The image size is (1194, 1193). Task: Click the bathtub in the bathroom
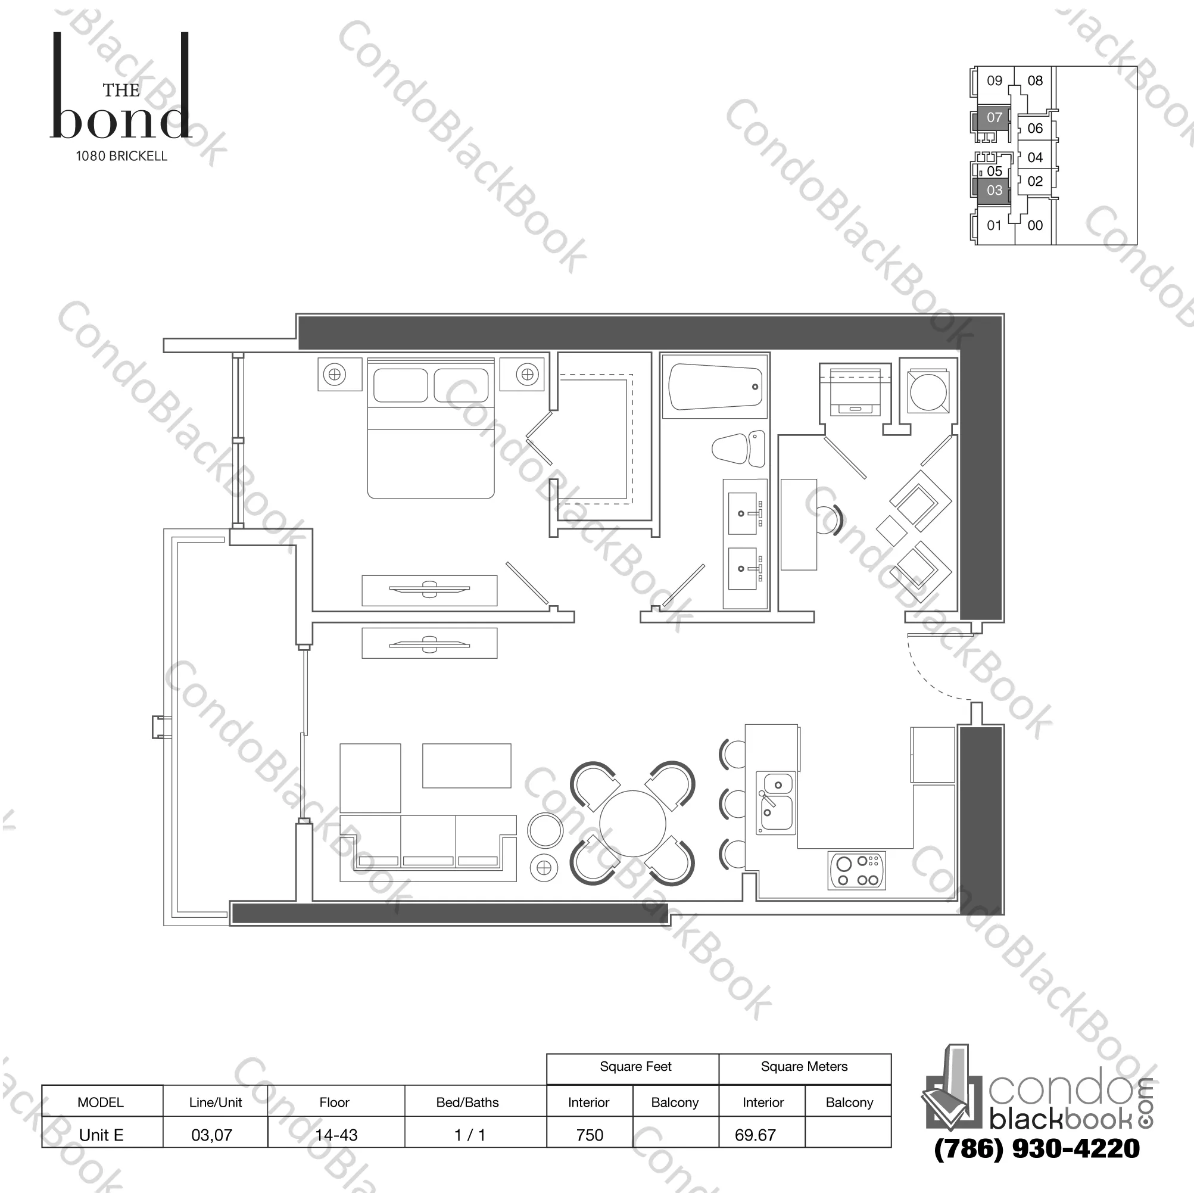[x=715, y=387]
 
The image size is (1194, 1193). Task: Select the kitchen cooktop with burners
[x=856, y=871]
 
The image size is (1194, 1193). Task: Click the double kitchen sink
[x=775, y=802]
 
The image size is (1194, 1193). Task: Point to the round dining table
[x=632, y=823]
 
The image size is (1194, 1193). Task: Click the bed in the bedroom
[x=431, y=428]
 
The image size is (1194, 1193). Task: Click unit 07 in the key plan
[x=994, y=117]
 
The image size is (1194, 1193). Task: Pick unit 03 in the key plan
[x=994, y=191]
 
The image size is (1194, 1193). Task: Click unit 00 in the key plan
[x=1034, y=226]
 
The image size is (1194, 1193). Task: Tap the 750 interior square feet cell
[x=590, y=1135]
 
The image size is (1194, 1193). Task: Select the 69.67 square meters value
[x=755, y=1135]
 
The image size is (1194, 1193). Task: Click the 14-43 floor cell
[x=336, y=1135]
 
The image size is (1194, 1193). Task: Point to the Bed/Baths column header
[x=467, y=1102]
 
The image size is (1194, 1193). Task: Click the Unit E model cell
[x=101, y=1135]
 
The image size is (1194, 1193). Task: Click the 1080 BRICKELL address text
[x=121, y=157]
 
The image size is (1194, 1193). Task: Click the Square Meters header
[x=804, y=1066]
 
